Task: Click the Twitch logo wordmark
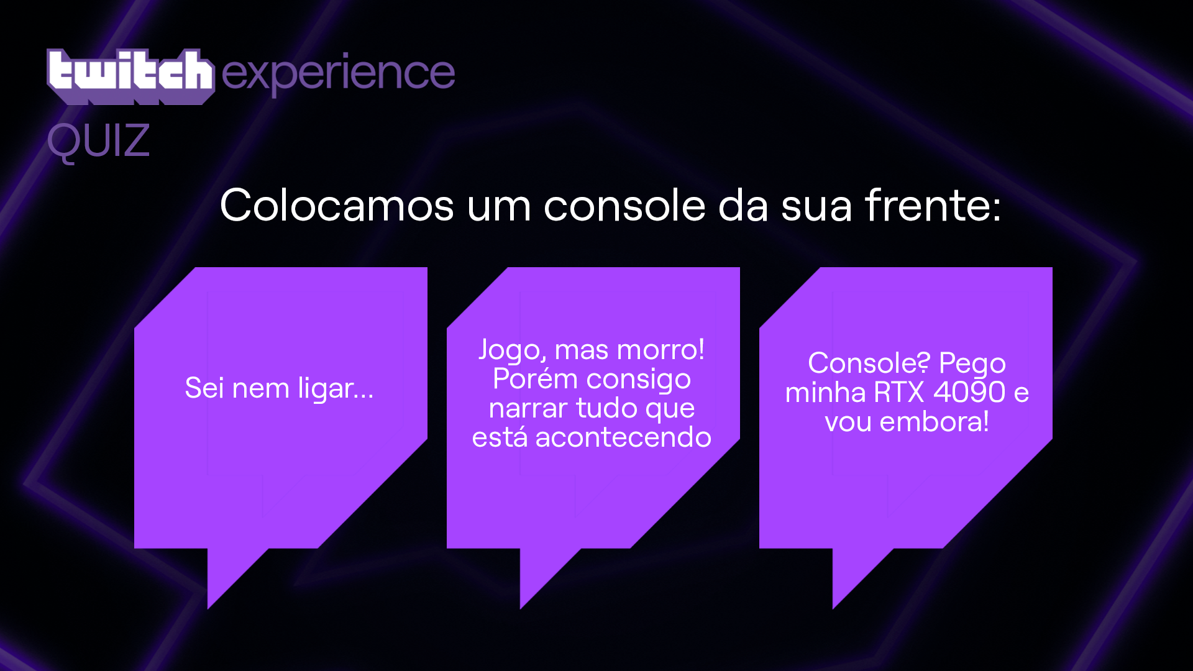click(x=130, y=76)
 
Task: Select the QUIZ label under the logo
click(x=98, y=142)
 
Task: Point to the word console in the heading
click(x=624, y=205)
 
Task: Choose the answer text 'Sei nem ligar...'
click(x=279, y=389)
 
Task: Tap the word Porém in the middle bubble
click(x=535, y=378)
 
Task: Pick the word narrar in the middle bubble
click(x=528, y=409)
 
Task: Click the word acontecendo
click(x=623, y=437)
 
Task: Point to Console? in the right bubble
click(x=869, y=363)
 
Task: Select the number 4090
click(x=969, y=392)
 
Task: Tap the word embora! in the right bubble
click(x=934, y=422)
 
